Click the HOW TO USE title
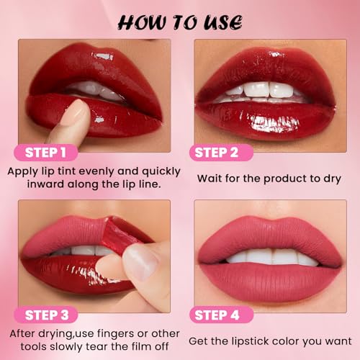[x=179, y=21]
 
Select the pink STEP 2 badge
[x=222, y=152]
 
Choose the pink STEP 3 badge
[x=50, y=314]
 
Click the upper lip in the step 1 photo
[x=94, y=68]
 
